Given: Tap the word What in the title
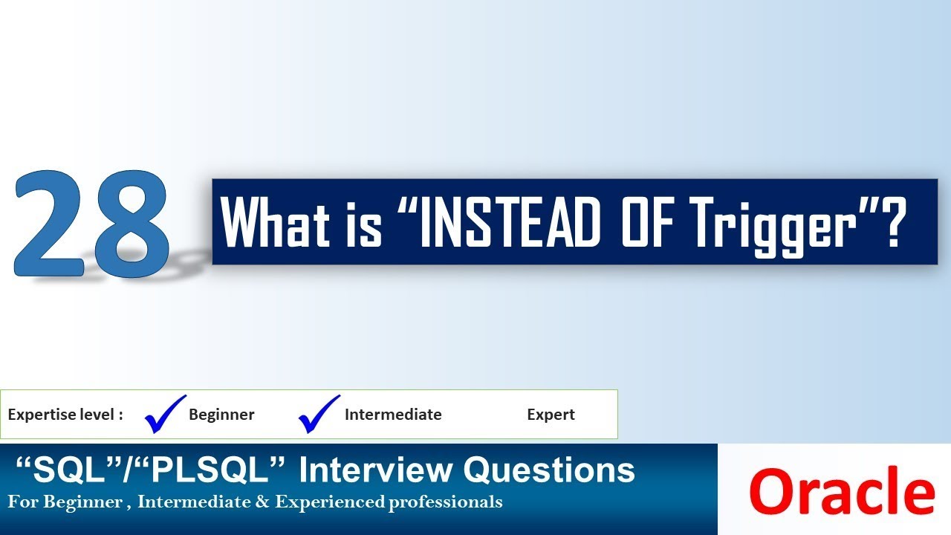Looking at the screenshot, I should (x=276, y=223).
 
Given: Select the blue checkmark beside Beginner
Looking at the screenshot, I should (x=164, y=413).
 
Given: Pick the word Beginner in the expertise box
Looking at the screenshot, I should (x=221, y=415).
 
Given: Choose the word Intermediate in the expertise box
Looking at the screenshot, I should (x=393, y=415).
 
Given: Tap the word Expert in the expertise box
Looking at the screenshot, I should (x=551, y=415).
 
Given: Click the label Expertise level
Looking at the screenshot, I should (x=65, y=415).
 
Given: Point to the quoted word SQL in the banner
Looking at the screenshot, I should (x=57, y=470).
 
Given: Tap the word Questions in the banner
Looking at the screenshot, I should (x=549, y=470).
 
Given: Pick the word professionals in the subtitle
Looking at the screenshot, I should (x=445, y=503).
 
